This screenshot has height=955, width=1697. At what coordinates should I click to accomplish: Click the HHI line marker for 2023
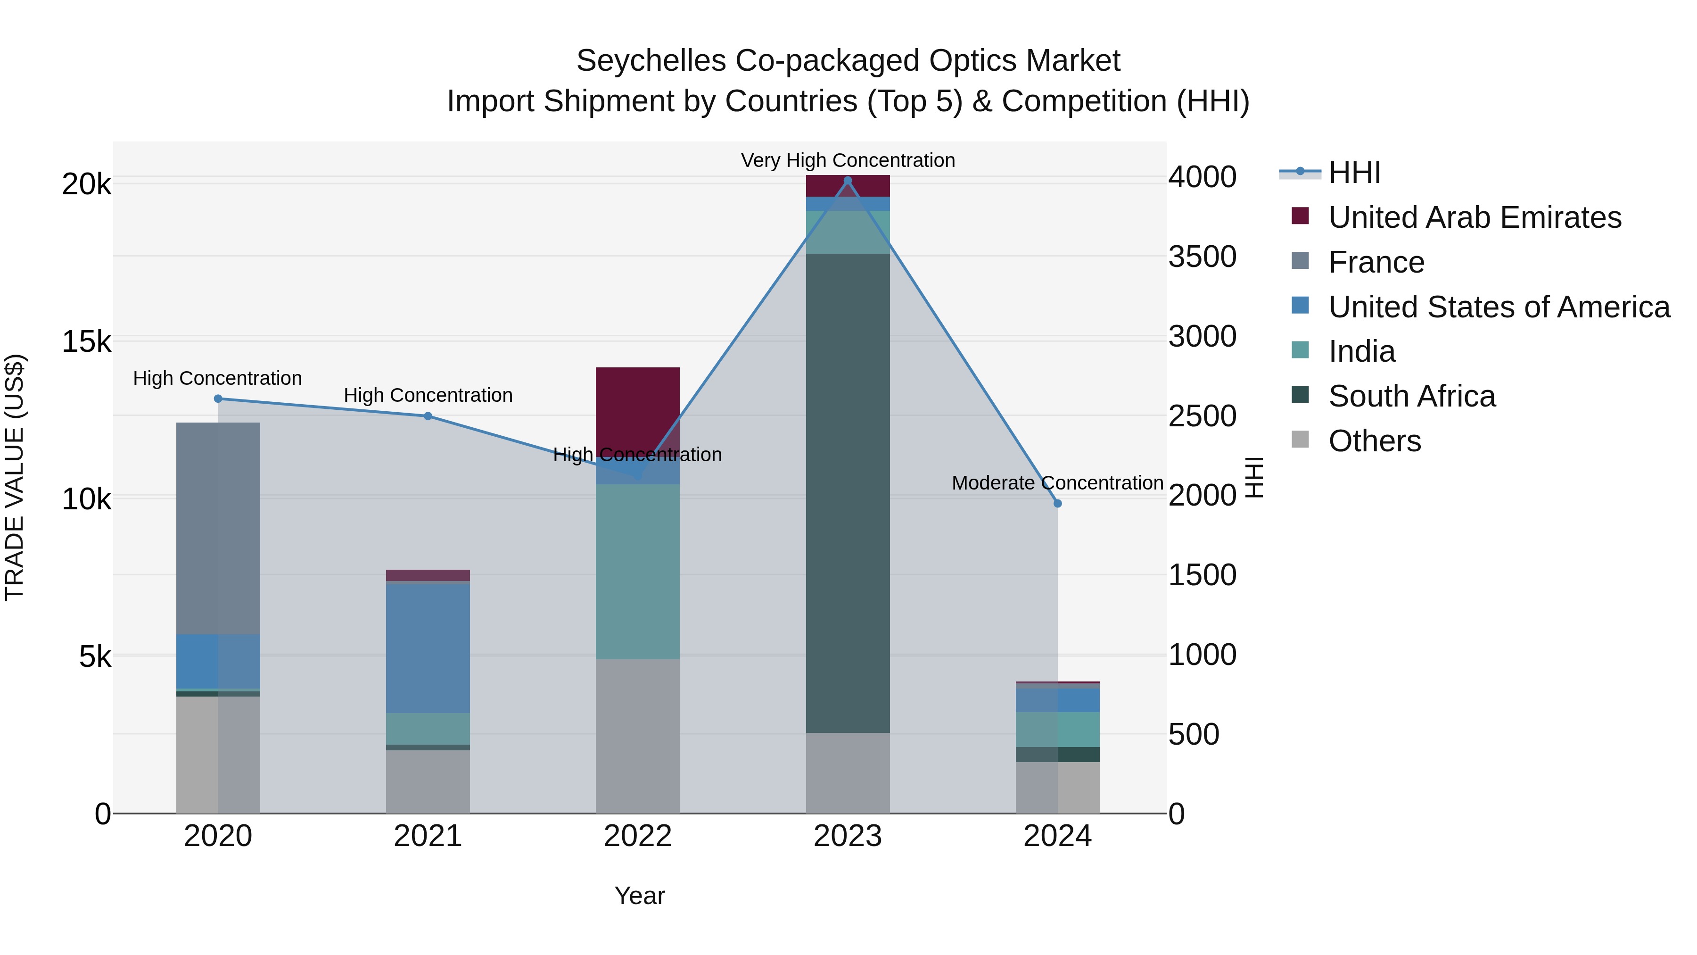(x=848, y=181)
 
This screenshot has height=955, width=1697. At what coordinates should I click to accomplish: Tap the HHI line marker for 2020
(x=218, y=399)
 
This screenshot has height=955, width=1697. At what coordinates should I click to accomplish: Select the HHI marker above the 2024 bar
(x=1057, y=504)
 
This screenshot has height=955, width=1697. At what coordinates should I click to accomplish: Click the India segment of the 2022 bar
(x=638, y=572)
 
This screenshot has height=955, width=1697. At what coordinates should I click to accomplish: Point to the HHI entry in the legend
(x=1354, y=173)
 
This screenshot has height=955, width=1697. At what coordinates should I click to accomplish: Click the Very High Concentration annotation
(x=848, y=160)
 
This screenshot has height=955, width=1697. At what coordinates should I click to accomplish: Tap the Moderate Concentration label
(x=1057, y=483)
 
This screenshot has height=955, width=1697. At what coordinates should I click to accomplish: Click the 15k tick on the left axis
(x=86, y=341)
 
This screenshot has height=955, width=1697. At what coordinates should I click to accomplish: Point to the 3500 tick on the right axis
(x=1202, y=257)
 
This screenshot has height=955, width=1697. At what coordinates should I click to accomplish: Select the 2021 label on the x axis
(x=428, y=836)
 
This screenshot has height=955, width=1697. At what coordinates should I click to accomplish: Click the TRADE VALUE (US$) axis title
(x=15, y=477)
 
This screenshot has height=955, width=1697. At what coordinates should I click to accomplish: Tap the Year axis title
(x=639, y=896)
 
